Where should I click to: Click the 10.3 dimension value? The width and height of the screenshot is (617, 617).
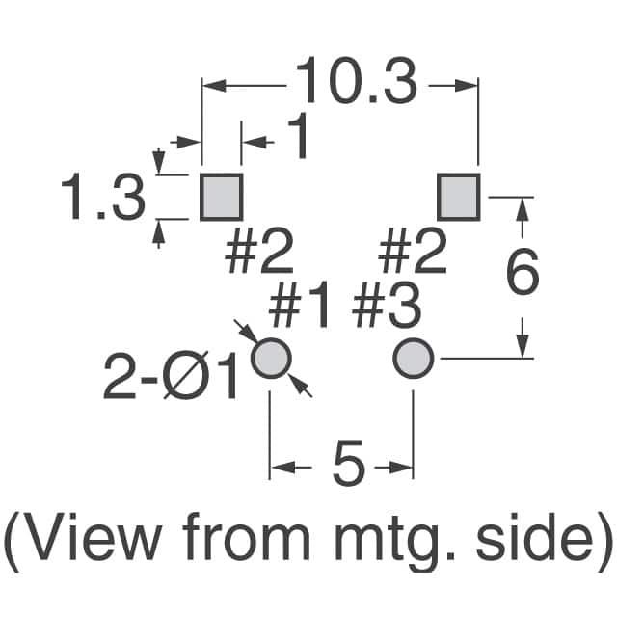[356, 81]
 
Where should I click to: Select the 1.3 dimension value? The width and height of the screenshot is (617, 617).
[103, 198]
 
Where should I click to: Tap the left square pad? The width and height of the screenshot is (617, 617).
[222, 197]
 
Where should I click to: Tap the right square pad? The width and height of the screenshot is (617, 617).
[459, 197]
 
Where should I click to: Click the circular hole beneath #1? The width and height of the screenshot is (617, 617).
[271, 359]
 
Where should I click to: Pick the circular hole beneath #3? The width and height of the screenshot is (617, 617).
[414, 359]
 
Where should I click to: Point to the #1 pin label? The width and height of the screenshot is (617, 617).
[299, 305]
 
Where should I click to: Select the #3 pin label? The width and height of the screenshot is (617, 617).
[387, 305]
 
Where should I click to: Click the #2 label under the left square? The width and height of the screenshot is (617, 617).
[259, 251]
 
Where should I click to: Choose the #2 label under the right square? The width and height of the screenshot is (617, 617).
[413, 251]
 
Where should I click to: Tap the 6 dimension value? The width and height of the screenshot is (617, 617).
[523, 271]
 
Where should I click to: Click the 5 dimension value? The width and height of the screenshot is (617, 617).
[349, 463]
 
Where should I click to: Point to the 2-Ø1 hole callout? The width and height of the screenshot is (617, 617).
[171, 376]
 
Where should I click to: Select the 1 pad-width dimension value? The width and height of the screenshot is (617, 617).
[299, 136]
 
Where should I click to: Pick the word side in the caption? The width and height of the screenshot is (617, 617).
[534, 536]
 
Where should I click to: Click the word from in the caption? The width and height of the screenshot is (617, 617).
[247, 536]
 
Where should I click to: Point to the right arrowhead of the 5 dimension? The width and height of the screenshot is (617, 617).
[401, 468]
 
